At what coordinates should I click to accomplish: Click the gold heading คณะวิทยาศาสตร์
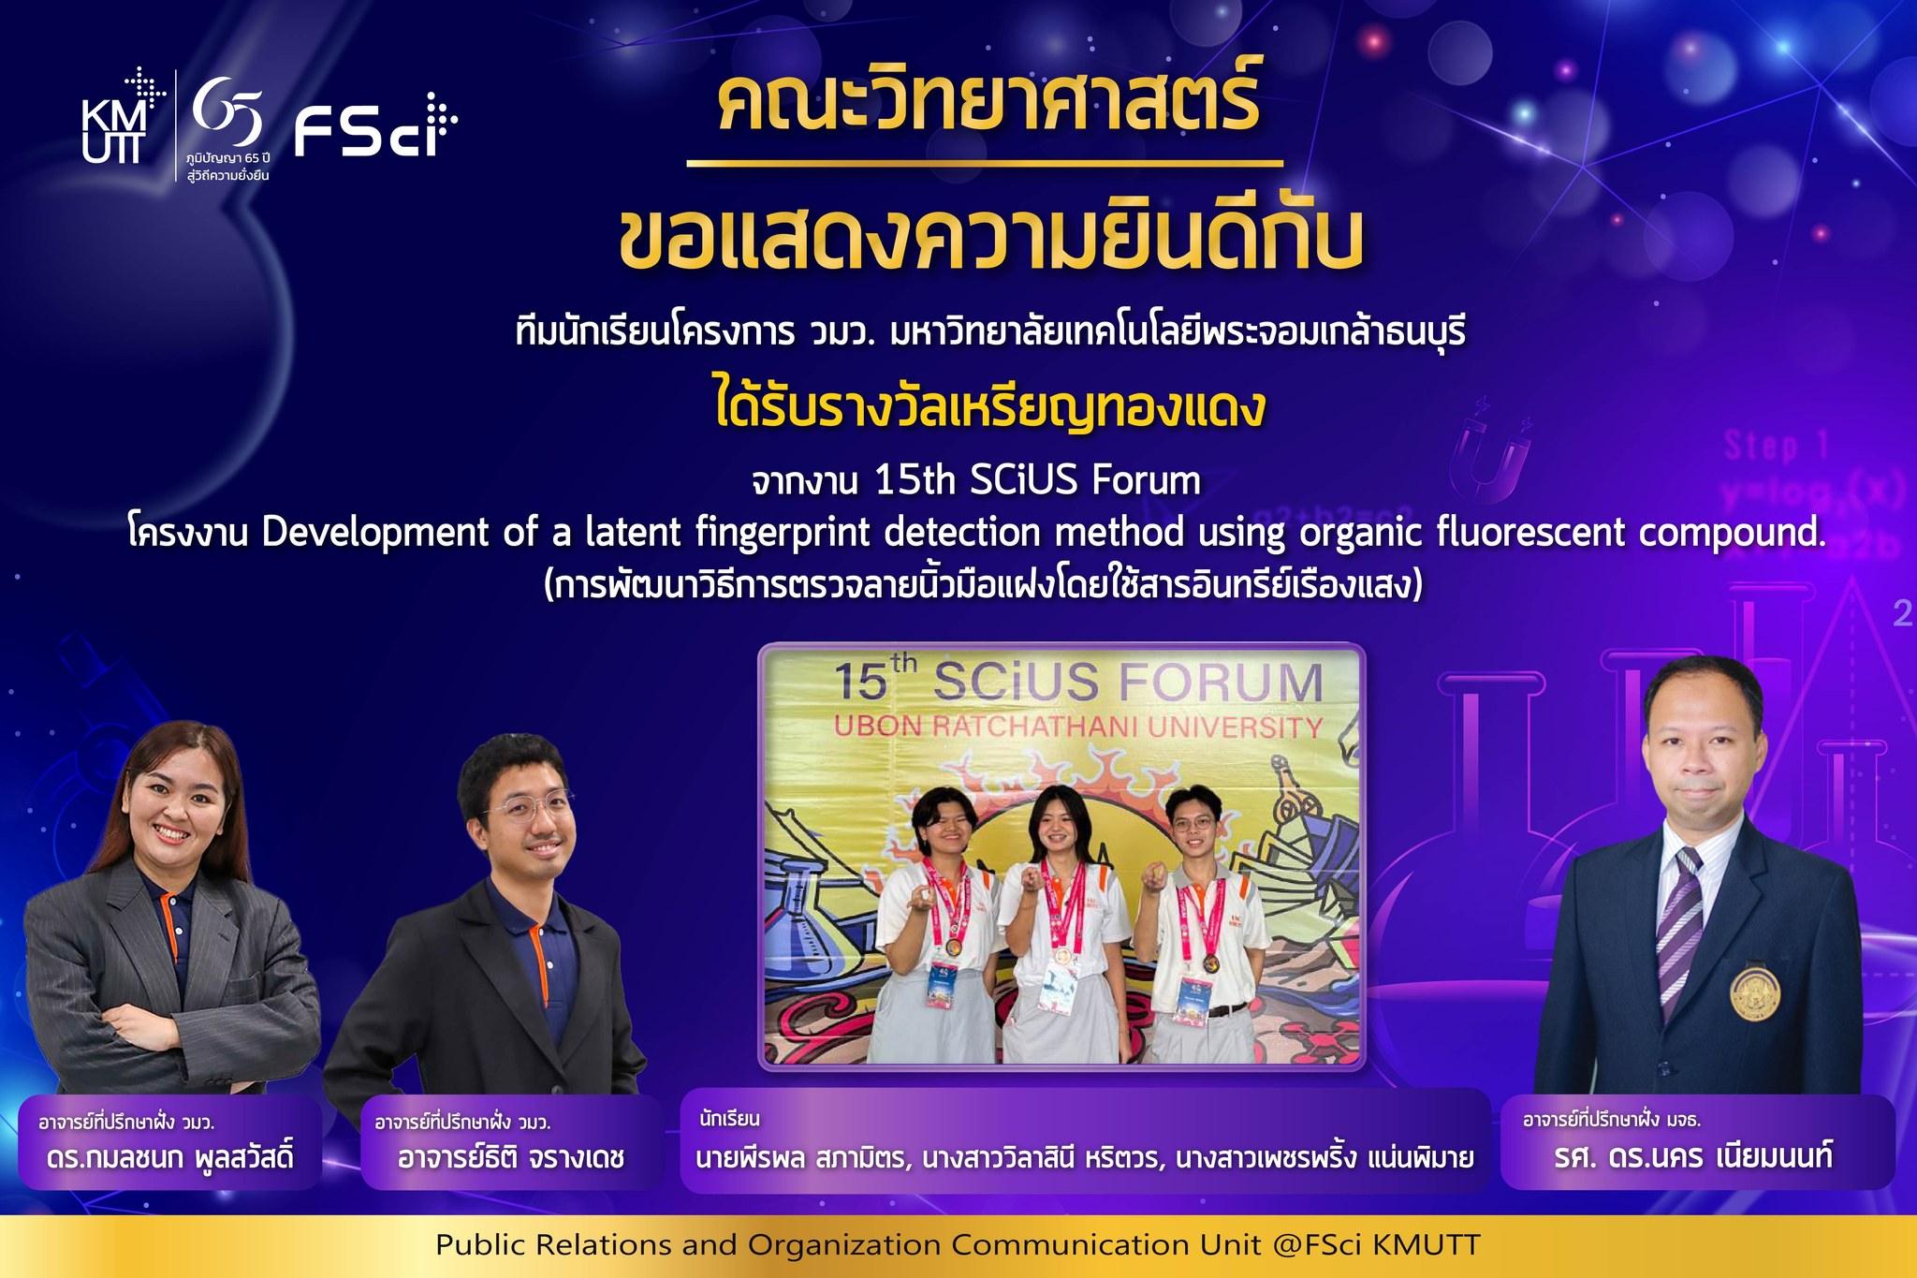tap(986, 108)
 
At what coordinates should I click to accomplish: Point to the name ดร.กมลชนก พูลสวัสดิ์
tap(170, 1157)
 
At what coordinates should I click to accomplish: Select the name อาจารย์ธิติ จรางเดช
tap(511, 1158)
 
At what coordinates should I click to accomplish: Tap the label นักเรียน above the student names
tap(729, 1119)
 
